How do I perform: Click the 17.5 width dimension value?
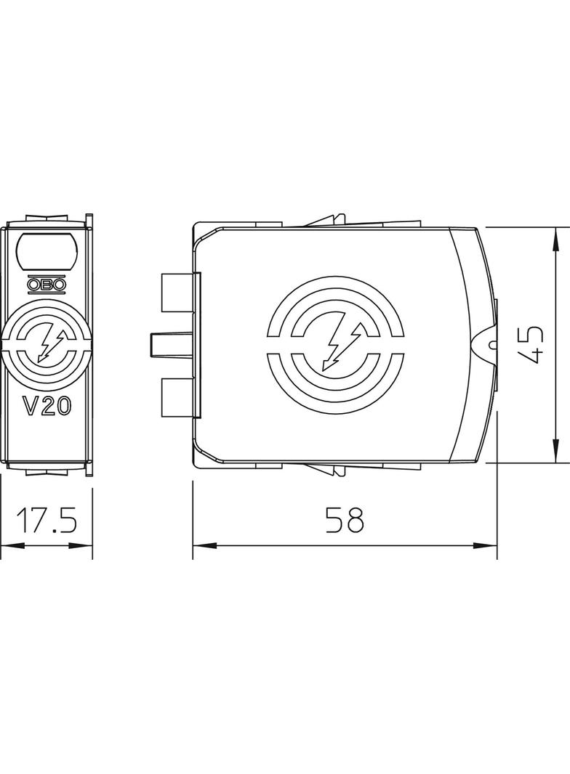pyautogui.click(x=47, y=519)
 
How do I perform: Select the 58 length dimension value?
pyautogui.click(x=345, y=519)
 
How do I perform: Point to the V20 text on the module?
pyautogui.click(x=47, y=407)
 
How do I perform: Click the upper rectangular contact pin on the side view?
pyautogui.click(x=178, y=293)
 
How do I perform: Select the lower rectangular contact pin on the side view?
pyautogui.click(x=178, y=398)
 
